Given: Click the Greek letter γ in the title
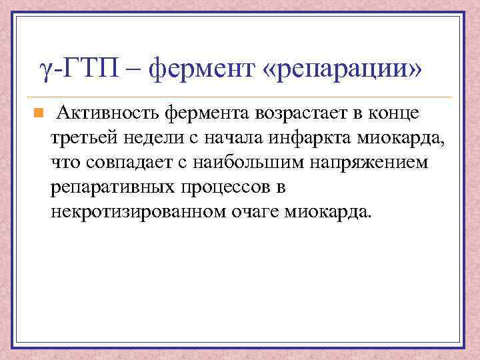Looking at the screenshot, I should (45, 69).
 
